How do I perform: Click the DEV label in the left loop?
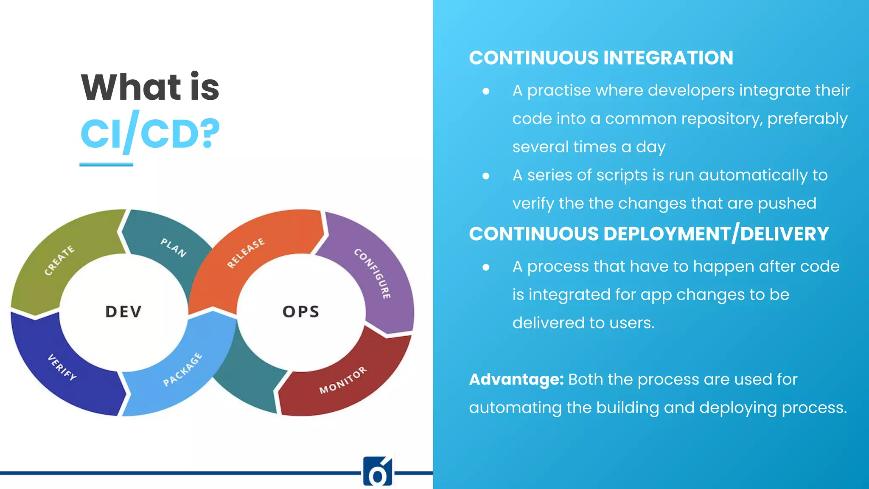coord(123,312)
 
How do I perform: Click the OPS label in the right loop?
coord(301,312)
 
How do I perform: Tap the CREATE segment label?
coord(59,260)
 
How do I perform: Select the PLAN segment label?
coord(174,248)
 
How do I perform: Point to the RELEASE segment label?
coord(246,253)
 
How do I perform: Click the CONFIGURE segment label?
coord(373,273)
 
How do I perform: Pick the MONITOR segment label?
coord(343,380)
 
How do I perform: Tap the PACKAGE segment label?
coord(183,369)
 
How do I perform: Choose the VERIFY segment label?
coord(62,367)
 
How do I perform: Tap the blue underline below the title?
coord(106,164)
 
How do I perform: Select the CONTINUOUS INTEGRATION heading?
coord(601,58)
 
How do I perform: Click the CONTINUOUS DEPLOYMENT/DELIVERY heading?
coord(649,234)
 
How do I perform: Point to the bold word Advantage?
coord(516,379)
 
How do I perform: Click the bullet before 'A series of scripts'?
coord(486,176)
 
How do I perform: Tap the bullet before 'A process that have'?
coord(486,267)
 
